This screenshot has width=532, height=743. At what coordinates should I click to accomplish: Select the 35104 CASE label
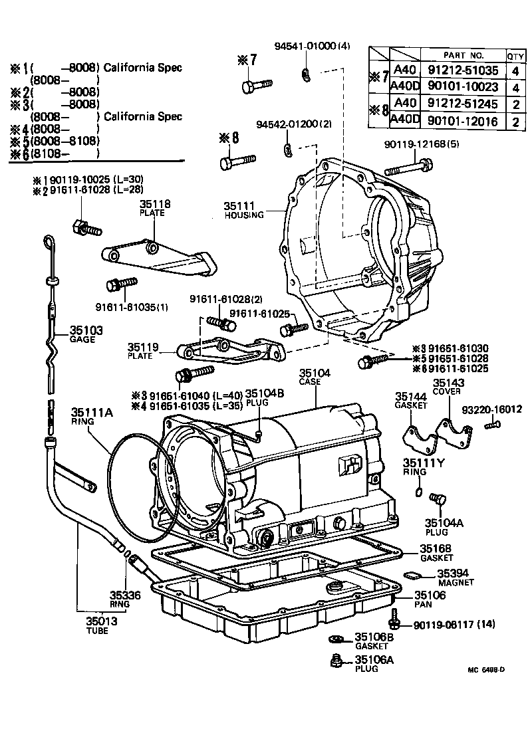click(314, 378)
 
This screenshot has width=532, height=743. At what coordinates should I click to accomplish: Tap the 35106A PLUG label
click(374, 663)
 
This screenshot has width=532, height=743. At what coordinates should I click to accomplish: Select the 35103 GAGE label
click(82, 334)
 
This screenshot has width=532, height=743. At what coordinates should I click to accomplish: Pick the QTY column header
click(515, 55)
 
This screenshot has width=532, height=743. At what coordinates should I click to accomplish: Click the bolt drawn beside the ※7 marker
click(257, 86)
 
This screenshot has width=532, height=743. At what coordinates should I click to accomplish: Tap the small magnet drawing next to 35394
click(411, 576)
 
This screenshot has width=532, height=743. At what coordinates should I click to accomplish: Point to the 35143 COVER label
click(449, 386)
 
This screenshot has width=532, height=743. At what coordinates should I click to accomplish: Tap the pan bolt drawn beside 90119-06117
click(396, 619)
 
